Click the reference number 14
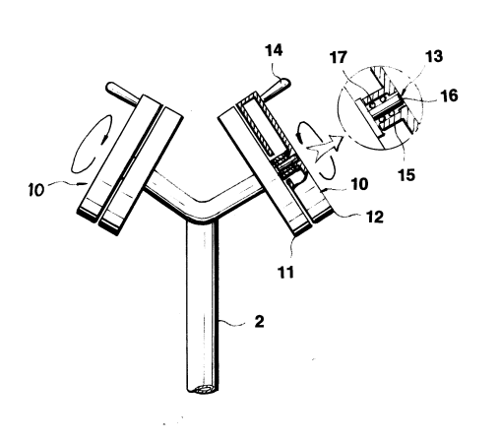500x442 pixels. [274, 51]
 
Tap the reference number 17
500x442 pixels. [339, 57]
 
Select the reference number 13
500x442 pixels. [434, 56]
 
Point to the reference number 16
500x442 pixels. [449, 95]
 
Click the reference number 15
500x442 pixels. [406, 174]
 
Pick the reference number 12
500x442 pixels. [375, 217]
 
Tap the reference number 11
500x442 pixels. [285, 272]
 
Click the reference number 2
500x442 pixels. [259, 322]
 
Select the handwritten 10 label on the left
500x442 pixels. [36, 190]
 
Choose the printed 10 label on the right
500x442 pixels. [359, 184]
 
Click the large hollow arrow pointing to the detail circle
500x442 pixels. [325, 147]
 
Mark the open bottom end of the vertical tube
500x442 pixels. [203, 390]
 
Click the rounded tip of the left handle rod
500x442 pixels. [111, 88]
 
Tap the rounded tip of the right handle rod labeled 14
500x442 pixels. [284, 83]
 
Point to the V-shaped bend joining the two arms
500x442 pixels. [204, 209]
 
